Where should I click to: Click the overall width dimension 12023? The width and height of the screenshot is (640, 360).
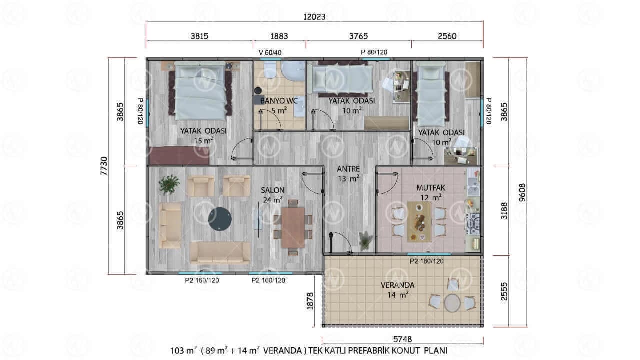[314, 17]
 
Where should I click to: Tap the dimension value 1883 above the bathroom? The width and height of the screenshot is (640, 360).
[279, 36]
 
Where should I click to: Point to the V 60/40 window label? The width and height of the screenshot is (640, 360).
[270, 53]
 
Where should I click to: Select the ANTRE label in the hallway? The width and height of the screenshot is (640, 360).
[348, 169]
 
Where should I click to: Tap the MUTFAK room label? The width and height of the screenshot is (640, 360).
[431, 188]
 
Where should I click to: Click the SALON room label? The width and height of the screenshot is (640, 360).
[273, 190]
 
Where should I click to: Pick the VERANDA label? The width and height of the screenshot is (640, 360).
[397, 285]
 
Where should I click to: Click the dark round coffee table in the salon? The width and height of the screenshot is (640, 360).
[220, 219]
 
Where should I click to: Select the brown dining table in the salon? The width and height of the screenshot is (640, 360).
[293, 227]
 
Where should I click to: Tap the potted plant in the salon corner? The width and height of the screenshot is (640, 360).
[169, 184]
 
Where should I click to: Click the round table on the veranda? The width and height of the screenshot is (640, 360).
[452, 303]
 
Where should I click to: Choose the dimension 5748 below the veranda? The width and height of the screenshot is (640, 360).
[402, 339]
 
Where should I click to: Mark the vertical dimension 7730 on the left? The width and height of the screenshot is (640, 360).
[104, 166]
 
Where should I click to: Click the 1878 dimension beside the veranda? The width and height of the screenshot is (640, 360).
[310, 301]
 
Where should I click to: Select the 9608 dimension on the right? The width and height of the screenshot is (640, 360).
[522, 193]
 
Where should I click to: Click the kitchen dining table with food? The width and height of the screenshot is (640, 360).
[419, 222]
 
